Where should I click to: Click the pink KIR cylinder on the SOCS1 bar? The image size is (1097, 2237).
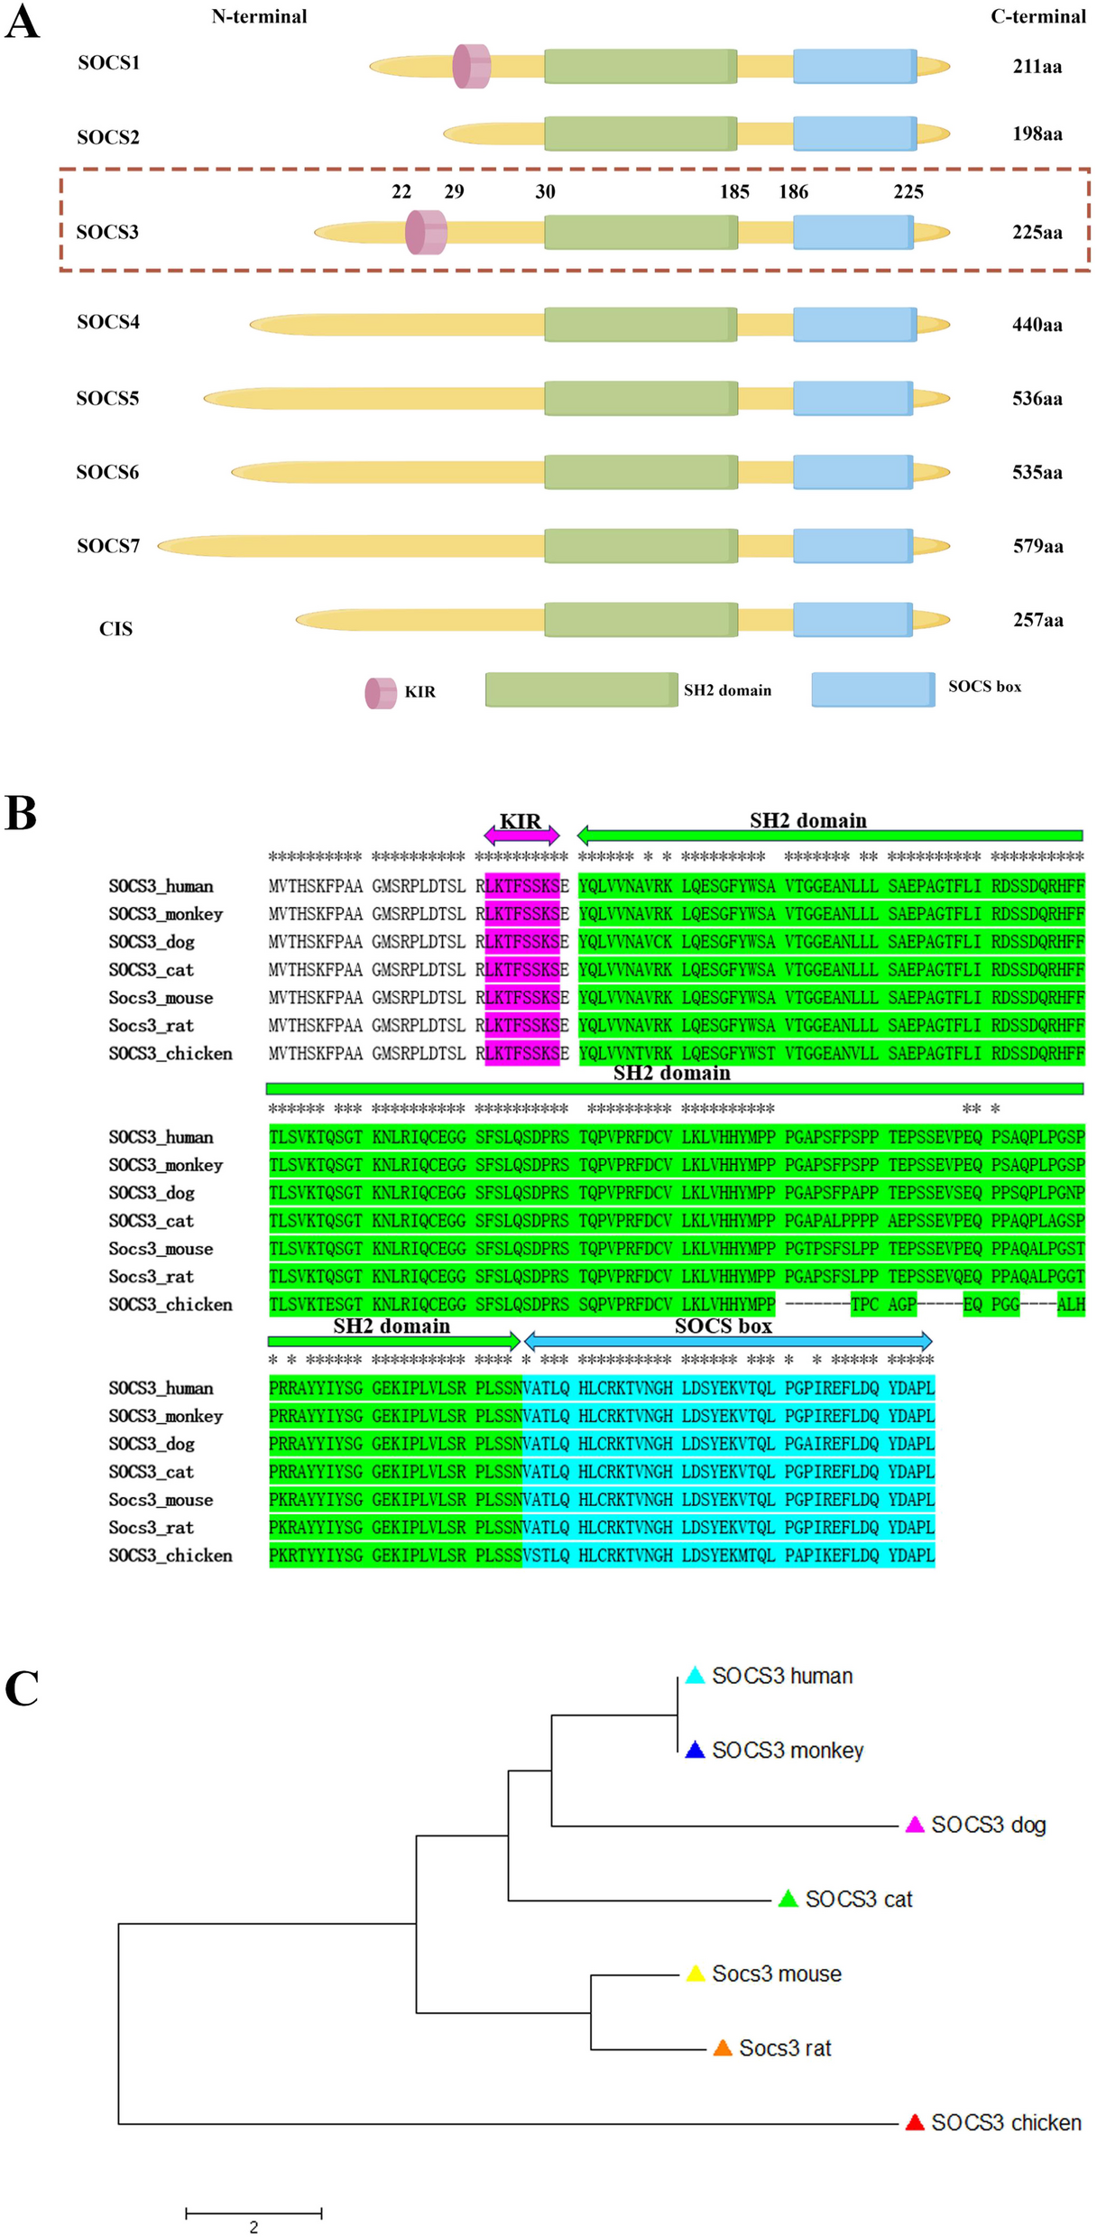tap(472, 66)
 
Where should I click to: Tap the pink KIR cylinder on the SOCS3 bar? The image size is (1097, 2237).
tap(426, 232)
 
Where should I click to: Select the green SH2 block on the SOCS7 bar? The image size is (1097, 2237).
tap(641, 546)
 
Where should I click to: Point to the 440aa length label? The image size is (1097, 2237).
tap(1037, 324)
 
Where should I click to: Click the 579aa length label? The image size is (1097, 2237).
tap(1037, 546)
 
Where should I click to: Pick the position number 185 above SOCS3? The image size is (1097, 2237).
tap(734, 191)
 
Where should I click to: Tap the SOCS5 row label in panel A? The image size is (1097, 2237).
tap(107, 398)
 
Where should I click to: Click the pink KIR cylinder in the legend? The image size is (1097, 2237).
tap(381, 693)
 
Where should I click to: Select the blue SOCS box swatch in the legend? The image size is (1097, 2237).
tap(872, 689)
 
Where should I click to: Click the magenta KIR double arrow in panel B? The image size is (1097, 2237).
tap(521, 835)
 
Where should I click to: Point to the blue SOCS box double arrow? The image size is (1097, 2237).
tap(727, 1340)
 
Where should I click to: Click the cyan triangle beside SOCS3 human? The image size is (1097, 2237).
tap(695, 1675)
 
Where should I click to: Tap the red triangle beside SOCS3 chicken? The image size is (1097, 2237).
tap(915, 2122)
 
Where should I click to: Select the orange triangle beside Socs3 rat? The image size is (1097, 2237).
tap(723, 2048)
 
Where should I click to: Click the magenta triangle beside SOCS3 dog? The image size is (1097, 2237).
tap(915, 1825)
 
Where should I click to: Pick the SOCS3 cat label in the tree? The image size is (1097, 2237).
tap(858, 1899)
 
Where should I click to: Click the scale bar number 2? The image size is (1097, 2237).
tap(254, 2226)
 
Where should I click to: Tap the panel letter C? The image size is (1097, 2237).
tap(22, 1688)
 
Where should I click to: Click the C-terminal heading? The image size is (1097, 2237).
tap(1037, 16)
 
